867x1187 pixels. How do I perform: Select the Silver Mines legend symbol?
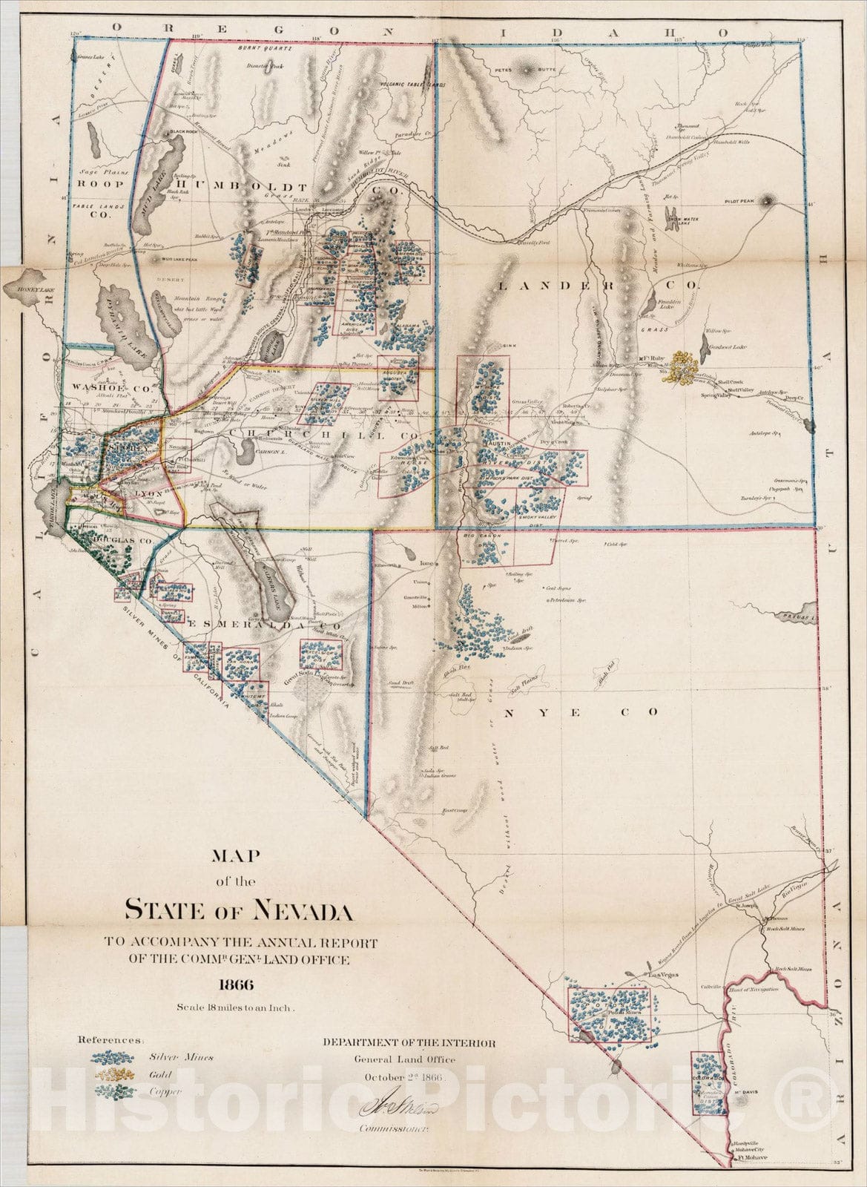coord(113,1058)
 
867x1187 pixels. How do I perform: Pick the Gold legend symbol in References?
coord(113,1074)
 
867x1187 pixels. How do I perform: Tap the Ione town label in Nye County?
coord(426,563)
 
